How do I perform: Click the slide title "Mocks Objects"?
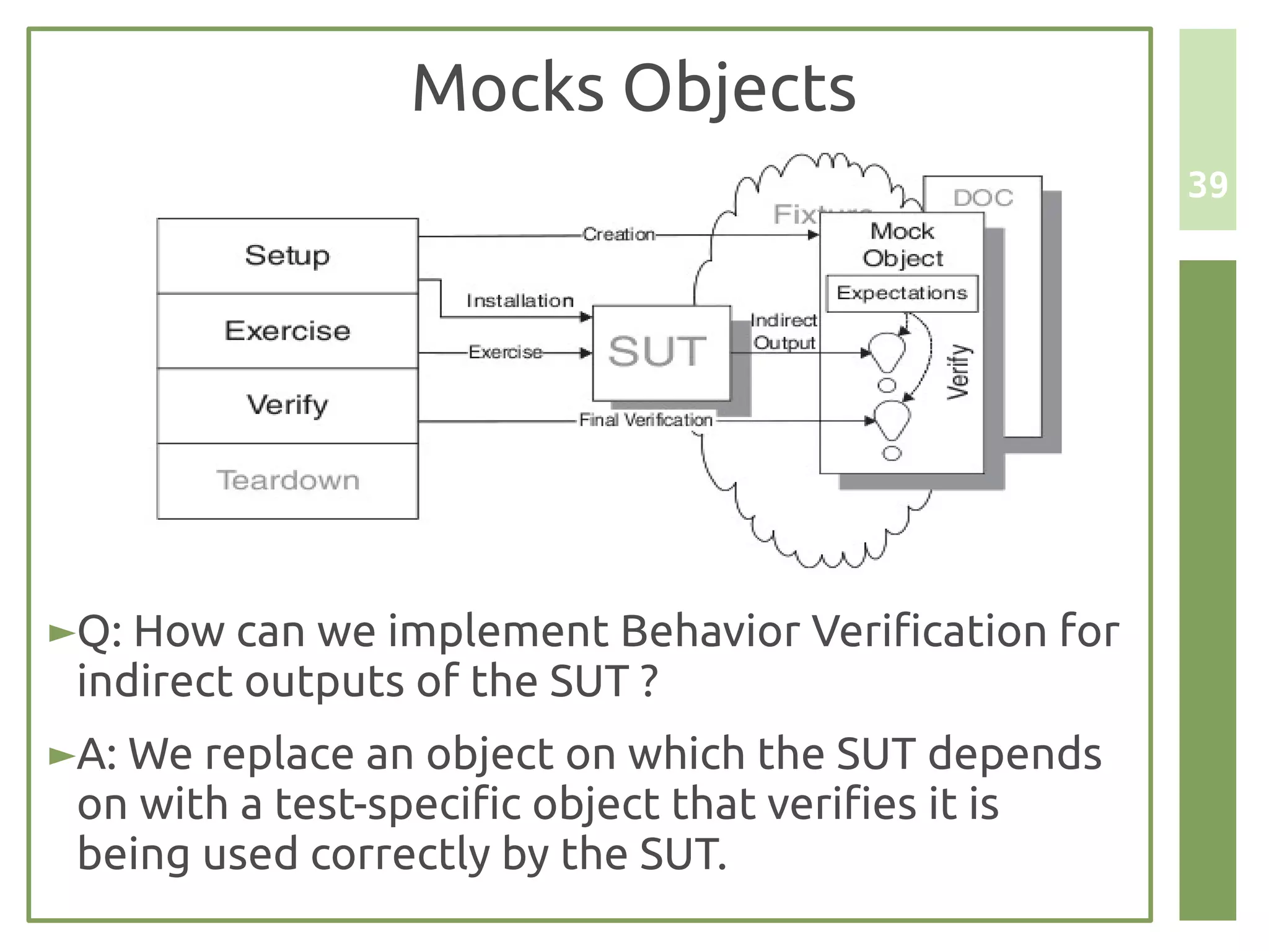(633, 88)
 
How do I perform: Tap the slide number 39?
(1208, 185)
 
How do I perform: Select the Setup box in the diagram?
(288, 255)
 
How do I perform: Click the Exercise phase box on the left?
(288, 331)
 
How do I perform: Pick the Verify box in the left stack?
(288, 406)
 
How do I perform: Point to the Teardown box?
(288, 481)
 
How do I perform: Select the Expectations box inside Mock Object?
(902, 293)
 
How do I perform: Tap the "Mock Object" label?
(902, 245)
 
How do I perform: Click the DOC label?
(983, 198)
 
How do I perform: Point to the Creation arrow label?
(618, 235)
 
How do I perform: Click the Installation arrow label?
(520, 301)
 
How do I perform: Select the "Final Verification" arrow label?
(646, 420)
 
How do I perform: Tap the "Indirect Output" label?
(784, 331)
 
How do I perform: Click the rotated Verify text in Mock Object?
(958, 372)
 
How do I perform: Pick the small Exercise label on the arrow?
(505, 353)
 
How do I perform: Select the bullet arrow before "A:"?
(62, 755)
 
